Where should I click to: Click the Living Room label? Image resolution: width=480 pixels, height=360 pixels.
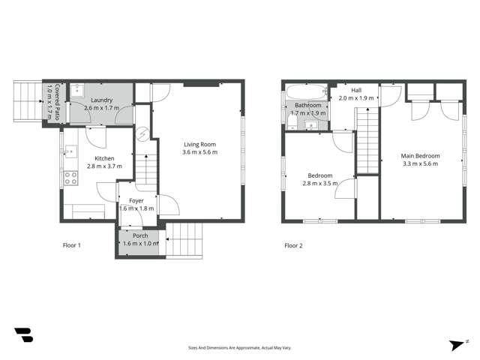[199, 144]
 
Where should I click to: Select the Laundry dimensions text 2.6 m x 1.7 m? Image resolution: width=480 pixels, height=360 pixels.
[101, 109]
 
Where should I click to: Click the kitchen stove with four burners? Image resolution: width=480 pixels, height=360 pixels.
[72, 178]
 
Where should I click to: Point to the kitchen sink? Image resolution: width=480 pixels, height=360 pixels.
[70, 151]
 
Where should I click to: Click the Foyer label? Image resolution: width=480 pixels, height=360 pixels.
[136, 200]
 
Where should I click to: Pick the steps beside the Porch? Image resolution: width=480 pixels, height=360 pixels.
[184, 240]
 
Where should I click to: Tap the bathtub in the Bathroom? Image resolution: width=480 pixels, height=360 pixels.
[307, 92]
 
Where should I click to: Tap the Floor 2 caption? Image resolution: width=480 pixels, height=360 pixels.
[294, 245]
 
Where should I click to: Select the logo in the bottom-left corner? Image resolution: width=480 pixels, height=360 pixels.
[23, 335]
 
